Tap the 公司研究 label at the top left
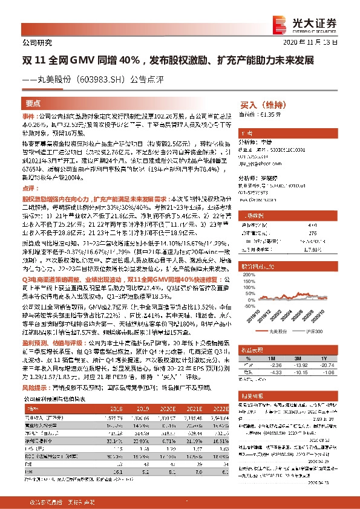click(37, 42)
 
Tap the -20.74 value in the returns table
click(329, 357)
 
